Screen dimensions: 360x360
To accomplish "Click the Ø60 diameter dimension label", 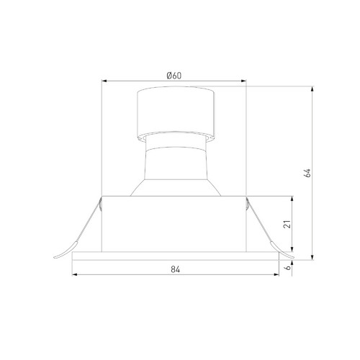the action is [174, 76].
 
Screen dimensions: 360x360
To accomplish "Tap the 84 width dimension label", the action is [176, 269].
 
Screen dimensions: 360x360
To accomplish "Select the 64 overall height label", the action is [307, 173].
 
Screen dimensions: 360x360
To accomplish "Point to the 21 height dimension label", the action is [287, 224].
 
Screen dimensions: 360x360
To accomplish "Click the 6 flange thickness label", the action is [288, 267].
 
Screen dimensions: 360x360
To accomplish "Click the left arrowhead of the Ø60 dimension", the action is [104, 81].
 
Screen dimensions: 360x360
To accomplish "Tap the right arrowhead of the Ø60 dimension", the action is [244, 81].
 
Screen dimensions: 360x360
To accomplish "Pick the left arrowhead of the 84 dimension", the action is [75, 274].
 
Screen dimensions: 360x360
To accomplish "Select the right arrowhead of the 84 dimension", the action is [276, 274].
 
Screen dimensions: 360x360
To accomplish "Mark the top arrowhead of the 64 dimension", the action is [312, 89].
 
